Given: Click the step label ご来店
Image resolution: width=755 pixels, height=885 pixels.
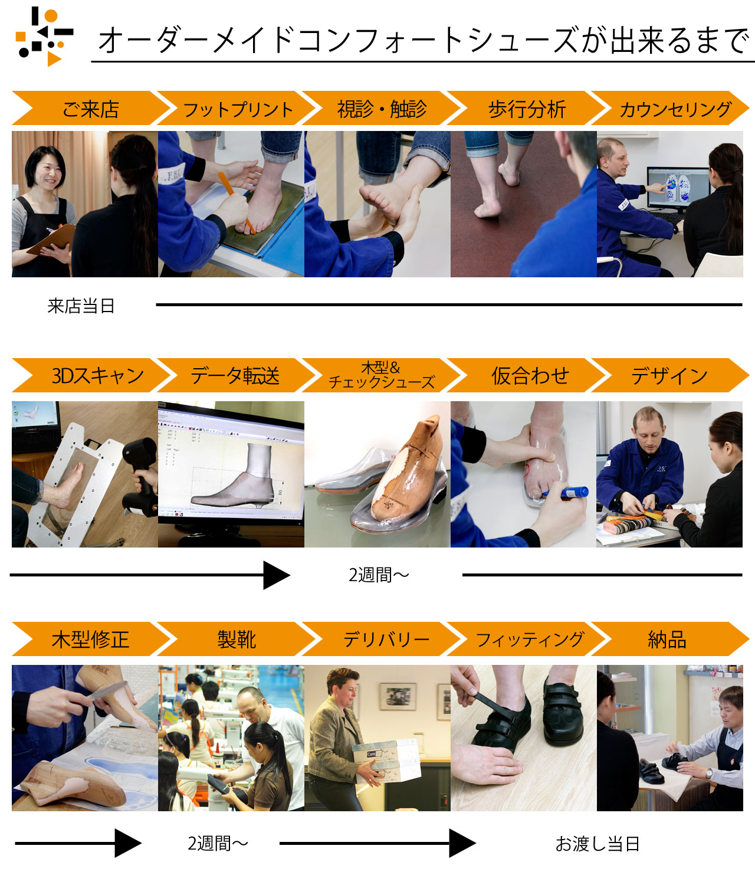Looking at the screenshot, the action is click(91, 109).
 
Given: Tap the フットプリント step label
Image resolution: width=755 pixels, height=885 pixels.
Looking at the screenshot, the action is click(238, 110).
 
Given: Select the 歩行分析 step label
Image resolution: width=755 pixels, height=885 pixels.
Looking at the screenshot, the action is click(527, 109).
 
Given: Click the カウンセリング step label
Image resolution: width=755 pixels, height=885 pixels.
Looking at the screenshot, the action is click(675, 110).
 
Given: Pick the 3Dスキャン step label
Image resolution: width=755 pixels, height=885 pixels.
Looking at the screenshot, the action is click(97, 375).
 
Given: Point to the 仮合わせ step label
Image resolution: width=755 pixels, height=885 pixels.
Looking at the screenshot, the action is click(530, 375).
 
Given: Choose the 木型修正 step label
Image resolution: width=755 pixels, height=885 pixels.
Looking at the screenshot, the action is click(90, 640).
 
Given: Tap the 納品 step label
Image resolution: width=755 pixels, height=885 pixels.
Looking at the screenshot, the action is click(667, 640).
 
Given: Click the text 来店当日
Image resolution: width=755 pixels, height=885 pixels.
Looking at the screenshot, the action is click(81, 306).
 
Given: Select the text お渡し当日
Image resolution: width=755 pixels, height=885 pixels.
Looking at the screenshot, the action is click(598, 844).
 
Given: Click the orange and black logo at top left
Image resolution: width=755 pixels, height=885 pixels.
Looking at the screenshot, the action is click(44, 37).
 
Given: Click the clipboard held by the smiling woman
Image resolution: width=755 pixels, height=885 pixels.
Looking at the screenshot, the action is click(51, 240).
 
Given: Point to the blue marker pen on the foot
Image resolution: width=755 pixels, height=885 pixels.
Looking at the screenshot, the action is click(566, 493).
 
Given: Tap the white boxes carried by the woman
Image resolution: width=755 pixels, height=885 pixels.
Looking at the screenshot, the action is click(386, 761).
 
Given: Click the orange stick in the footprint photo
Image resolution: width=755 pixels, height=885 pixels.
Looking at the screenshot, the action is click(237, 202).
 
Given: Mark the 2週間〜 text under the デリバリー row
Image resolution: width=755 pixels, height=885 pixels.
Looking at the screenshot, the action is click(218, 844).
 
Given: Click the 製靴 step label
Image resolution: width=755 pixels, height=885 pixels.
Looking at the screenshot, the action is click(237, 640).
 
